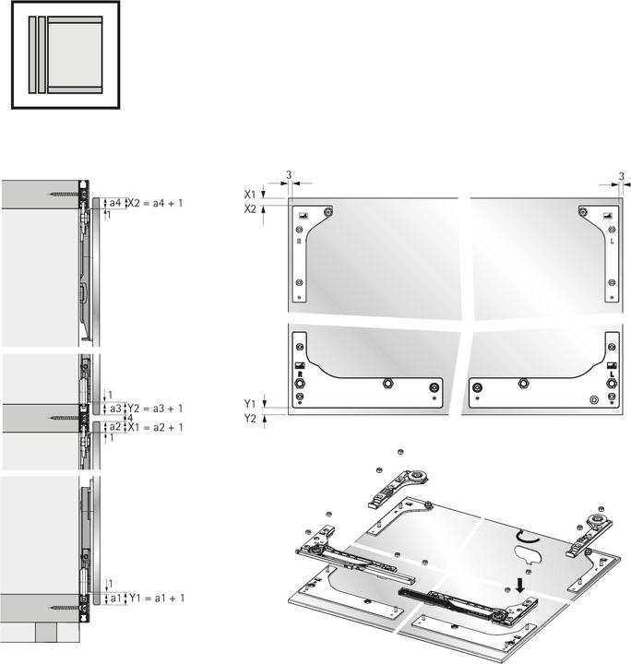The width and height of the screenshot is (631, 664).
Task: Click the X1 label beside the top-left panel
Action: [x=250, y=195]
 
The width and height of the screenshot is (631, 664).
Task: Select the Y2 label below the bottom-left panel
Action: [x=250, y=418]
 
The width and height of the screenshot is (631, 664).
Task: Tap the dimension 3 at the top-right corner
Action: [x=621, y=175]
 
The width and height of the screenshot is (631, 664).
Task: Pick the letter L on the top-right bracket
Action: [x=609, y=241]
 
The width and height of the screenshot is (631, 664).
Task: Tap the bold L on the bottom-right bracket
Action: [x=609, y=375]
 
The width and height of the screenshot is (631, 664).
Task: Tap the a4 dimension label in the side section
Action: [x=114, y=202]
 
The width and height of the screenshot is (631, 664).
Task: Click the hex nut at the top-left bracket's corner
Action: [x=329, y=212]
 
